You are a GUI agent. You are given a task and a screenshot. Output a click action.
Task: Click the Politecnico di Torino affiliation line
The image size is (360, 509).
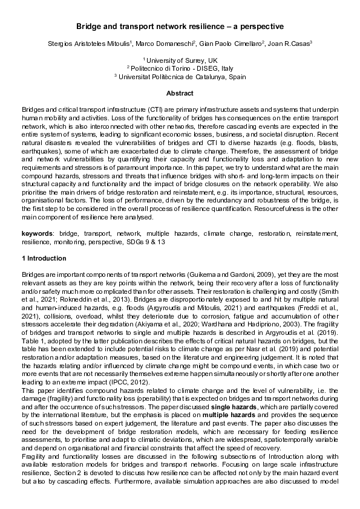point(180,68)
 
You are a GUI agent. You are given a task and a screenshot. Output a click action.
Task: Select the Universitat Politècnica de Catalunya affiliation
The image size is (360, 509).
point(180,77)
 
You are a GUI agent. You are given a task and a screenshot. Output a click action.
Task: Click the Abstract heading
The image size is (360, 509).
point(180,94)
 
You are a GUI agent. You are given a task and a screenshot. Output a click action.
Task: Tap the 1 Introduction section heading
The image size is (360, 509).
point(44,258)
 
